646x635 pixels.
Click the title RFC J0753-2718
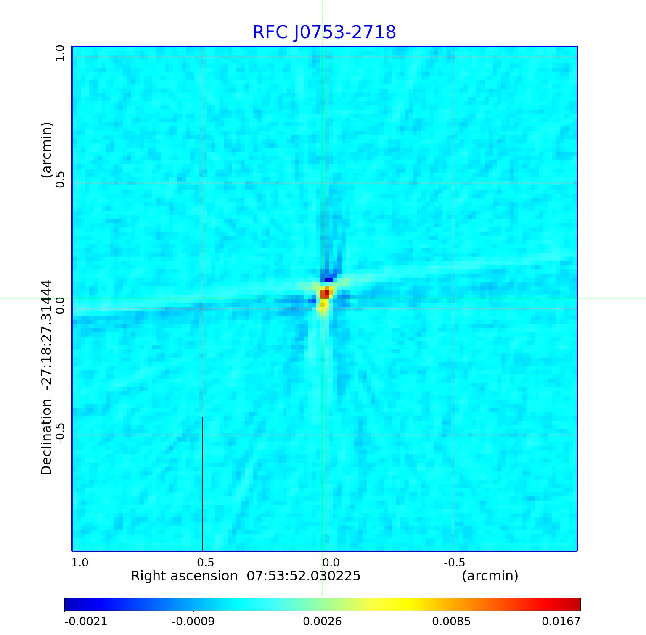(324, 32)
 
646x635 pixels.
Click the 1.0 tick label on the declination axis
(60, 53)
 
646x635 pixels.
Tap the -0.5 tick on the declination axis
(60, 433)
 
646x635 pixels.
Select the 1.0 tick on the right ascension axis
(80, 562)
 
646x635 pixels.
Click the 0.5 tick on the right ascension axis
(206, 562)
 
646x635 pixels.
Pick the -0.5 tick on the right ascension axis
(455, 562)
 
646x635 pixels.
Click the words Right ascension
(184, 576)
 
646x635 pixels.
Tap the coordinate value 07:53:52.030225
(303, 576)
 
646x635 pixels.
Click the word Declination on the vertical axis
(46, 437)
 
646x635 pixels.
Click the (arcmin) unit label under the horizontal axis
(490, 576)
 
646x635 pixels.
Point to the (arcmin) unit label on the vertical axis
(46, 150)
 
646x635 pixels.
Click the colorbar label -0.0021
(86, 621)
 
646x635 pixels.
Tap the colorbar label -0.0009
(193, 621)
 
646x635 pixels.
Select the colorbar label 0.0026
(323, 621)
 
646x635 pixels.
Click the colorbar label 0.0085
(451, 621)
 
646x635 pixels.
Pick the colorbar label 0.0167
(561, 621)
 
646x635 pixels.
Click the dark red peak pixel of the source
(325, 294)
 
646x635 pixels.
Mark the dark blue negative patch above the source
(328, 279)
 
